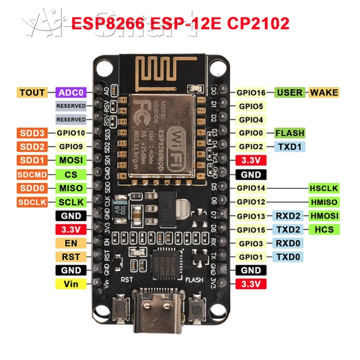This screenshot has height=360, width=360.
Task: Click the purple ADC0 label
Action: point(71,92)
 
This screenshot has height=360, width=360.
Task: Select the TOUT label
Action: point(33,92)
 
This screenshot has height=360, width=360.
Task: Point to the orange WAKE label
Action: point(324,92)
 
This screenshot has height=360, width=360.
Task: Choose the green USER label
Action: point(290,92)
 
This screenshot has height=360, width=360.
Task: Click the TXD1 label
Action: point(290,147)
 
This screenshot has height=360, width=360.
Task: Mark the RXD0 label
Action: point(290,243)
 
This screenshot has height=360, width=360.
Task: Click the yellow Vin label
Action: point(71,284)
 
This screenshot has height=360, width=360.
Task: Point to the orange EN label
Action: point(71,243)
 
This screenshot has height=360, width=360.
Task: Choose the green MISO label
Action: point(71,188)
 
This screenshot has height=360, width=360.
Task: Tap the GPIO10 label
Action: point(71,133)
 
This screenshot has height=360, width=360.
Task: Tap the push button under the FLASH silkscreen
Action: point(196,309)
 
